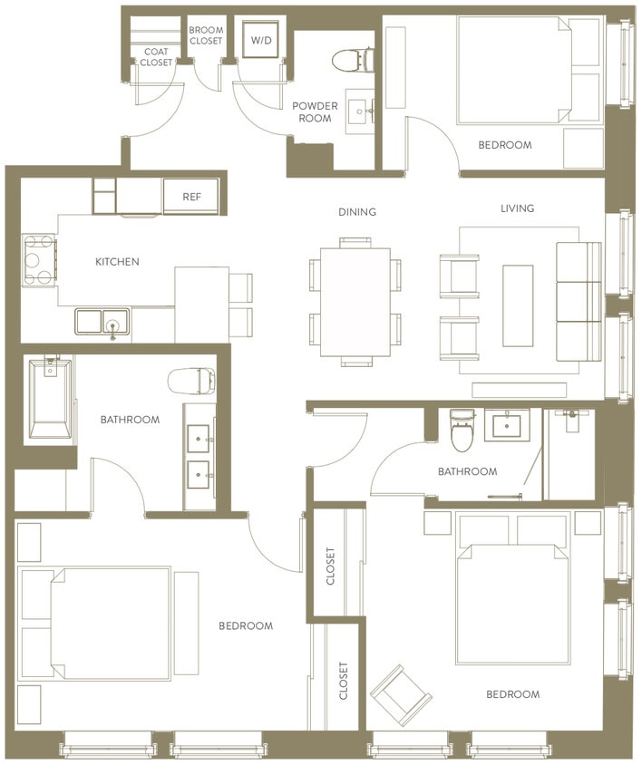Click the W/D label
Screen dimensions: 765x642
click(x=260, y=41)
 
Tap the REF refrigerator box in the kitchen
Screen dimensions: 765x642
click(x=191, y=196)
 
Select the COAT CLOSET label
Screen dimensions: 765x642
click(x=158, y=57)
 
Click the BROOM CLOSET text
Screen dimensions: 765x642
click(x=206, y=35)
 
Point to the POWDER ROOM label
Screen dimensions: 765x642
click(x=315, y=111)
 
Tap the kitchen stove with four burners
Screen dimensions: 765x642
click(x=38, y=260)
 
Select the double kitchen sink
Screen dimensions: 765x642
click(x=102, y=322)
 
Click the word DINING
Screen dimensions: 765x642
click(x=357, y=212)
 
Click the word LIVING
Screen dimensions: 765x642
click(x=518, y=208)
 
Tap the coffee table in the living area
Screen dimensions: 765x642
click(x=519, y=305)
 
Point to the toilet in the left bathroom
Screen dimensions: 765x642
click(x=191, y=380)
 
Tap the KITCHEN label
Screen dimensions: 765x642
click(x=118, y=262)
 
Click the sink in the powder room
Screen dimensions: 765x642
click(x=367, y=111)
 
